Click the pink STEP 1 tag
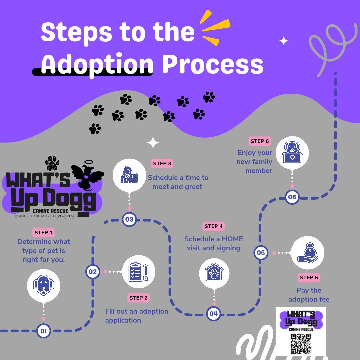click(43, 233)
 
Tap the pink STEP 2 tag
click(138, 298)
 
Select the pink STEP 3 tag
click(162, 163)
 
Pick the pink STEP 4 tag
click(214, 226)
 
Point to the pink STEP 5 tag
click(309, 277)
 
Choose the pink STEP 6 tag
click(260, 141)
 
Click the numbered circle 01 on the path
click(44, 331)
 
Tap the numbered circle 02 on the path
click(93, 272)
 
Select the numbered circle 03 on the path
click(129, 219)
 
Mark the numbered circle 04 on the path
click(214, 313)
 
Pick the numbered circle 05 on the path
click(261, 252)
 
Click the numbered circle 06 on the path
click(292, 197)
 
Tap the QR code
click(301, 344)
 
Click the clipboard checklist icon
click(142, 272)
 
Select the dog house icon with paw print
click(214, 273)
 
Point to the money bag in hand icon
click(307, 253)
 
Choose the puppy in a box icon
click(292, 153)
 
